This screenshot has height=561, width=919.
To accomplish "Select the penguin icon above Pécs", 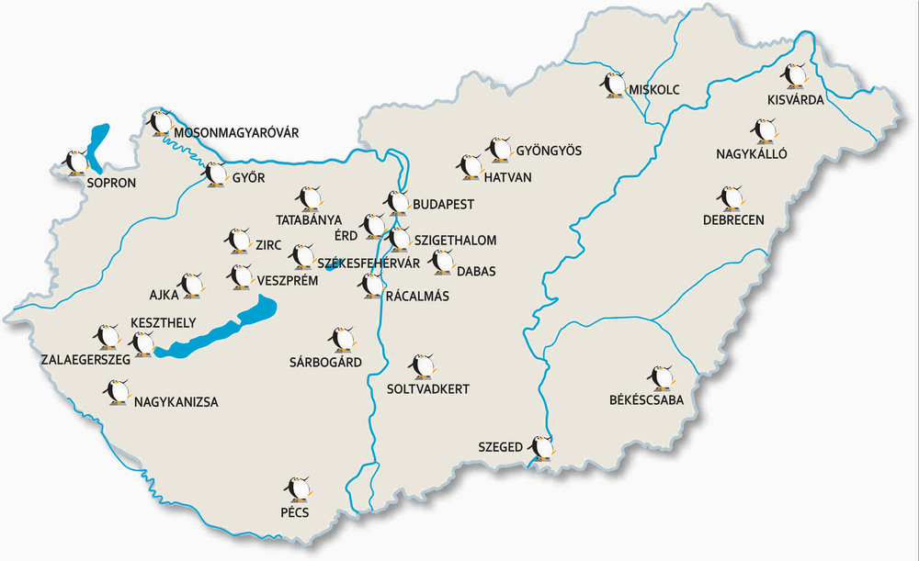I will tap(297, 489).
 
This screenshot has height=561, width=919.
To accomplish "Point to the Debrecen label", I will tap(732, 220).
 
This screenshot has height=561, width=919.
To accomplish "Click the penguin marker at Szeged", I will tap(543, 448).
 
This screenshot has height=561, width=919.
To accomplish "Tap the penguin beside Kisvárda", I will tap(794, 75).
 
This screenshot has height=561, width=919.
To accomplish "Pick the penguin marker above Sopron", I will tap(74, 163).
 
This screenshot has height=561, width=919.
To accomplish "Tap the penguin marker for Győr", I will tap(215, 174).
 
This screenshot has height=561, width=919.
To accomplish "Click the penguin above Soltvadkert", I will tap(422, 365).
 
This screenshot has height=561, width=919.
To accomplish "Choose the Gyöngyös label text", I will tap(549, 150).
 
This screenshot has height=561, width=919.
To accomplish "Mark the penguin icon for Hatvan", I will tap(471, 166).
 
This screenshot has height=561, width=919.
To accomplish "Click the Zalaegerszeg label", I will tap(85, 360).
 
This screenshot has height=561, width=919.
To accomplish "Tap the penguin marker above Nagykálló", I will tap(764, 131).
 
